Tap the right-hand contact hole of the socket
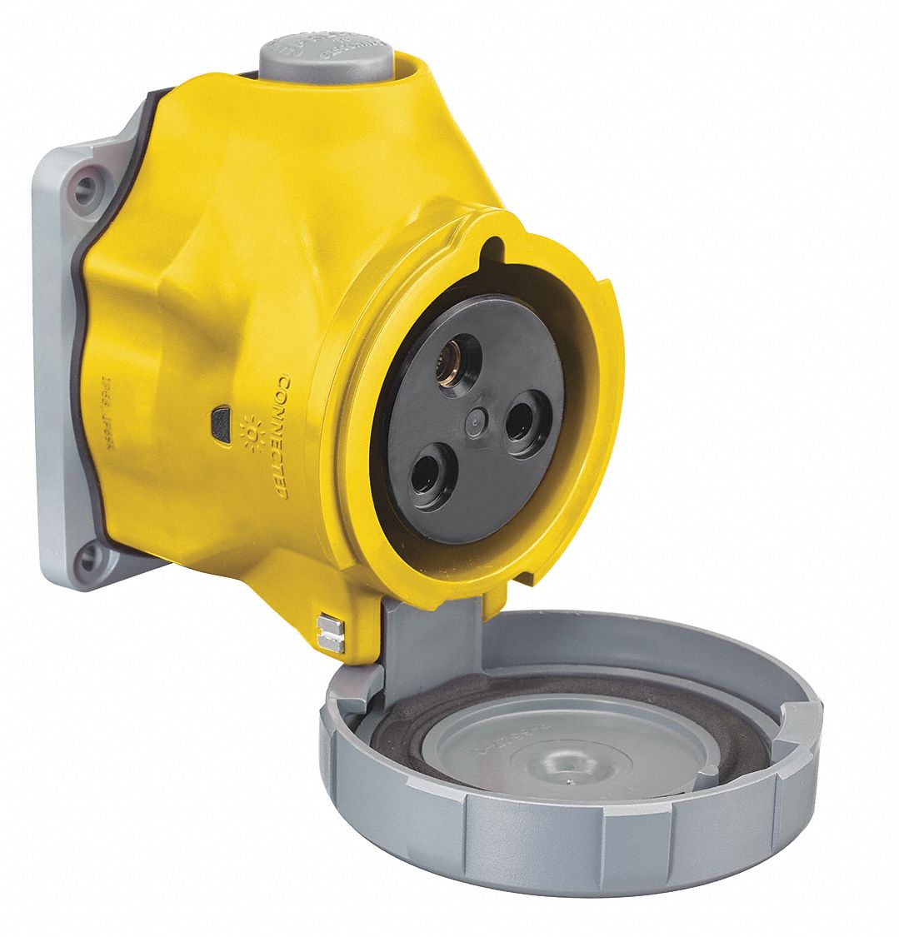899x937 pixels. tap(527, 422)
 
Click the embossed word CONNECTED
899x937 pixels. tap(281, 437)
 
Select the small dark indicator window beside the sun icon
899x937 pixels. tap(222, 414)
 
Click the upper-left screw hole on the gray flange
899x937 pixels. tap(86, 189)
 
